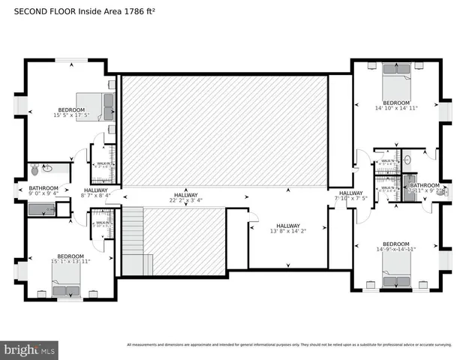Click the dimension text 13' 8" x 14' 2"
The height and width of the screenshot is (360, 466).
(x=287, y=232)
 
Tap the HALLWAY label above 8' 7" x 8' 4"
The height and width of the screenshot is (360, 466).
(x=95, y=190)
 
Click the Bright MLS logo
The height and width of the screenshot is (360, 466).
(x=29, y=349)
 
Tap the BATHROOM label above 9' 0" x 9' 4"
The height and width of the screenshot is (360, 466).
(x=44, y=188)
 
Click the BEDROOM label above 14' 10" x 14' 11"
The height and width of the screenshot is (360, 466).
(x=395, y=103)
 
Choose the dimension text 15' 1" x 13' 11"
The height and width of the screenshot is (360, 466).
(x=71, y=260)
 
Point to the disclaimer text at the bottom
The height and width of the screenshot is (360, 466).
(x=288, y=345)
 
